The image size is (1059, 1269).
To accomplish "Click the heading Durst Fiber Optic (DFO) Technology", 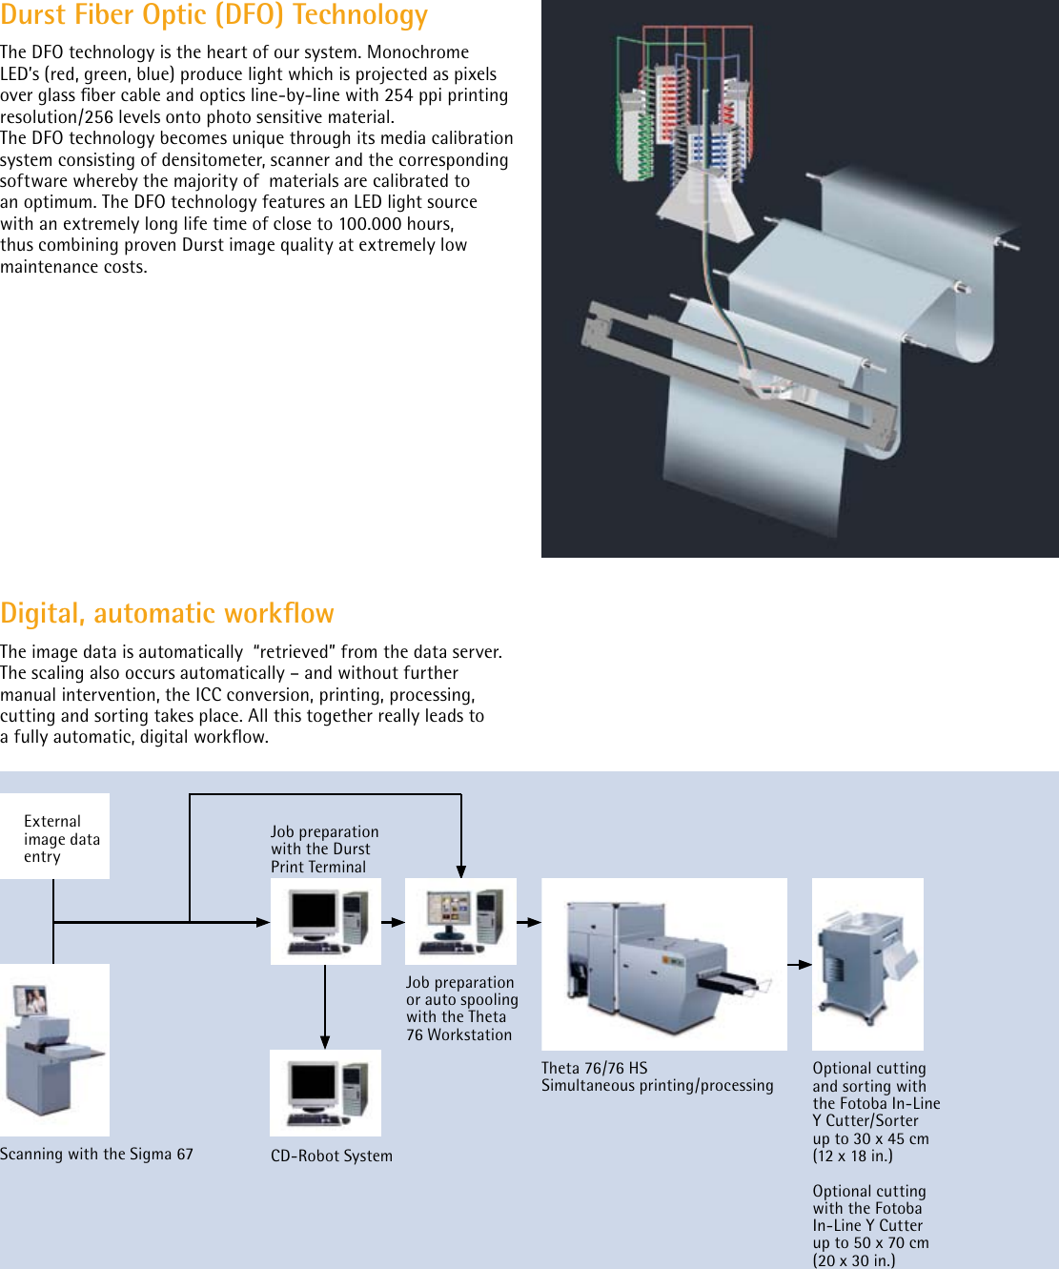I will pos(214,15).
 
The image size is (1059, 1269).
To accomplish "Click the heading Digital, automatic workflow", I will pos(167,613).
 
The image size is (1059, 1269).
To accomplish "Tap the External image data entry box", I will pos(55,837).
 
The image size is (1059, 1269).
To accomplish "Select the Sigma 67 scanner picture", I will pos(54,1050).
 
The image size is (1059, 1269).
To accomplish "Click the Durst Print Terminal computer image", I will pos(325,921).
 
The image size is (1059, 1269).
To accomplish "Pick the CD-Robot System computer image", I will pos(325,1093).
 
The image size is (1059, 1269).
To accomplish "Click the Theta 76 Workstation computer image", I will pos(460,921).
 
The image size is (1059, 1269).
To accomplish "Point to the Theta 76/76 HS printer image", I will pos(663,964).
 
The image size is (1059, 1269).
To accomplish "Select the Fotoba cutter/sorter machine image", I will pos(867,964).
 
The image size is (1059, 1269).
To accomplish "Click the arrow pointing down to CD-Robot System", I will pos(325,1039).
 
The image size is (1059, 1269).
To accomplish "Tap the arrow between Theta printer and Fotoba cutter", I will pos(800,965).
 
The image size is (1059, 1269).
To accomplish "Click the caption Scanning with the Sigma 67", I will pos(96,1154).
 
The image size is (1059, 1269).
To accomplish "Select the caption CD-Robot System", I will pos(331,1156).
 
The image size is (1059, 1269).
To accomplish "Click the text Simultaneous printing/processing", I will pos(657,1085).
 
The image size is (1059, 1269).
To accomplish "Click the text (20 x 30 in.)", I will pos(853,1260).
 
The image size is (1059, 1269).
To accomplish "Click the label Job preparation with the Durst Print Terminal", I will pos(324,849).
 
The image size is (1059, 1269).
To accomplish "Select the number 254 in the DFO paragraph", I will pos(398,95).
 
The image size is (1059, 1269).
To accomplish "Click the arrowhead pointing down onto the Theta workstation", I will pos(461,870).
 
